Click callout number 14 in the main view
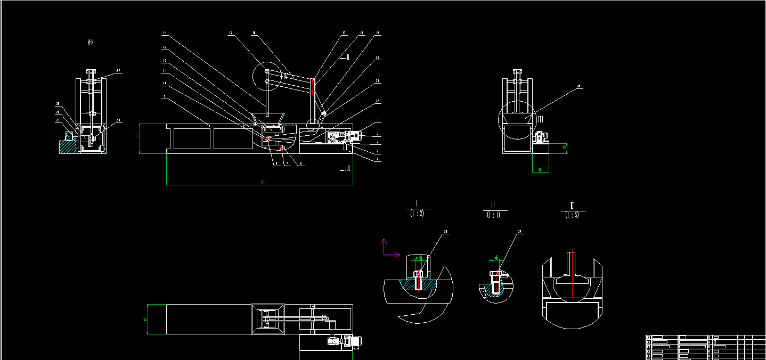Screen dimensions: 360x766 point(165,34)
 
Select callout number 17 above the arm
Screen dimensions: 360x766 point(344,34)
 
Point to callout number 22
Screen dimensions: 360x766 point(377,100)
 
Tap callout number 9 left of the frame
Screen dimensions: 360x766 point(165,96)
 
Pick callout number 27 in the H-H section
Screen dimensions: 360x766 point(118,71)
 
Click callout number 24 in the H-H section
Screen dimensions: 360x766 point(57,120)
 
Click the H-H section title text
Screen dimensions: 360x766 point(91,42)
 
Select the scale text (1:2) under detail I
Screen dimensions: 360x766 point(417,214)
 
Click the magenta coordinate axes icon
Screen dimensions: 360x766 point(388,250)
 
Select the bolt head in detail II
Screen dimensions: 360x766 point(495,275)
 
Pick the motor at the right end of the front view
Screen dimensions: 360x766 point(352,136)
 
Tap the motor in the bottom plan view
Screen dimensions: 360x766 point(352,341)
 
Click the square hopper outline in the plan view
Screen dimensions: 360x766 point(268,320)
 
